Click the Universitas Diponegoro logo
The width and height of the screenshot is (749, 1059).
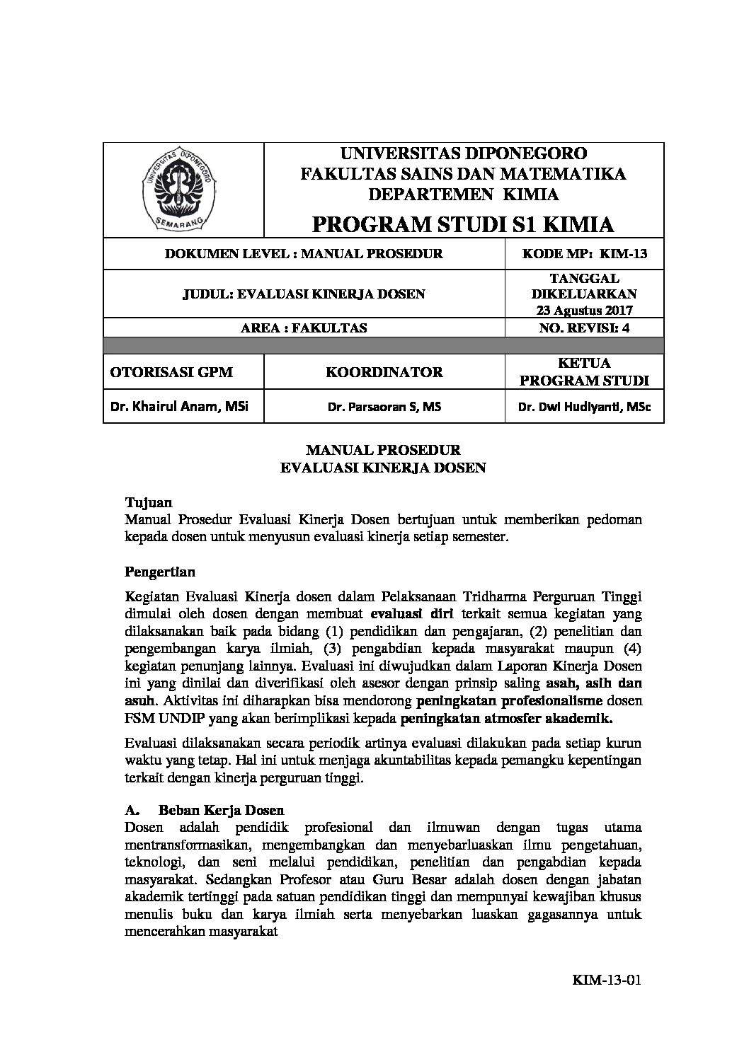pos(180,189)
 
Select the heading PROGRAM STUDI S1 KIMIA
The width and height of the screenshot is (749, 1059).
pos(463,224)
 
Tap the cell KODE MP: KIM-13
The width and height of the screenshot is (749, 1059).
pos(584,254)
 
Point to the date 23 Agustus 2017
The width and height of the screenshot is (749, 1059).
pos(584,310)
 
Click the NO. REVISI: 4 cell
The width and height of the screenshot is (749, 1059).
pos(584,327)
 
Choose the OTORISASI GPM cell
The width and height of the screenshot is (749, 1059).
pos(171,372)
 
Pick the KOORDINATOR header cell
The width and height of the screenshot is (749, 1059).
pos(384,372)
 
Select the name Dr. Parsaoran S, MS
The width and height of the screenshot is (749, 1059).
pos(384,407)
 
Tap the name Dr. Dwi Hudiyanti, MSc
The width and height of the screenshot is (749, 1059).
pos(584,407)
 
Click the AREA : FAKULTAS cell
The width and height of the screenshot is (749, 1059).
pos(304,327)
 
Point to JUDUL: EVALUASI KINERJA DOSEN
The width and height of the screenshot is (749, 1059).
pos(304,294)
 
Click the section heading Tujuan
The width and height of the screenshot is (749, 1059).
pos(148,503)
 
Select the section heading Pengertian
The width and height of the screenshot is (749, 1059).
pos(159,571)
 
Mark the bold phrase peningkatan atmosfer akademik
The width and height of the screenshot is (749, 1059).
pos(507,719)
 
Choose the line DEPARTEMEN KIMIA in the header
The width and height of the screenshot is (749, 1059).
pos(463,195)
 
